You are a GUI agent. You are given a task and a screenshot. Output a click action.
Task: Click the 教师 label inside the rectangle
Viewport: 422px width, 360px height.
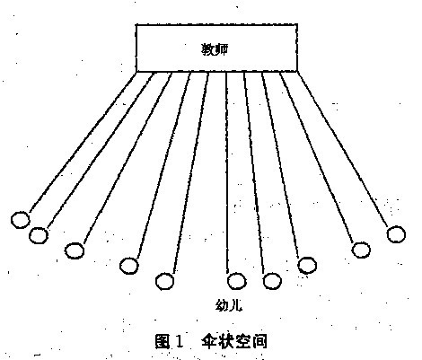pos(215,49)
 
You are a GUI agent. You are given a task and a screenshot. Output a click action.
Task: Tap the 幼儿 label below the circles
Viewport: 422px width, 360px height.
pos(229,305)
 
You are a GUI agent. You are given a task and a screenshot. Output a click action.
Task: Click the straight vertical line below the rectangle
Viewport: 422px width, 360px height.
pos(227,172)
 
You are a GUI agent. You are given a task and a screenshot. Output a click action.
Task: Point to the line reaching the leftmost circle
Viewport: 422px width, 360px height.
pos(83,142)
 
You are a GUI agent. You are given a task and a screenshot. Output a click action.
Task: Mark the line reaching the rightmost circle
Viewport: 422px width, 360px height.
pos(342,149)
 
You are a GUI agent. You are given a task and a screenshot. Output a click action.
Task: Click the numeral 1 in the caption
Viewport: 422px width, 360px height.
pos(179,341)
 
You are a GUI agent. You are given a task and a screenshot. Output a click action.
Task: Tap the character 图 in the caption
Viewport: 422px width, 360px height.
pos(163,341)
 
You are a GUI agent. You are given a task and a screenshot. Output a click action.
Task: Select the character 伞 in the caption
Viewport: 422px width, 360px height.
pos(209,341)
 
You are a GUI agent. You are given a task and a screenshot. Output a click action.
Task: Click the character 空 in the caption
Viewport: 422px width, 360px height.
pos(242,341)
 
